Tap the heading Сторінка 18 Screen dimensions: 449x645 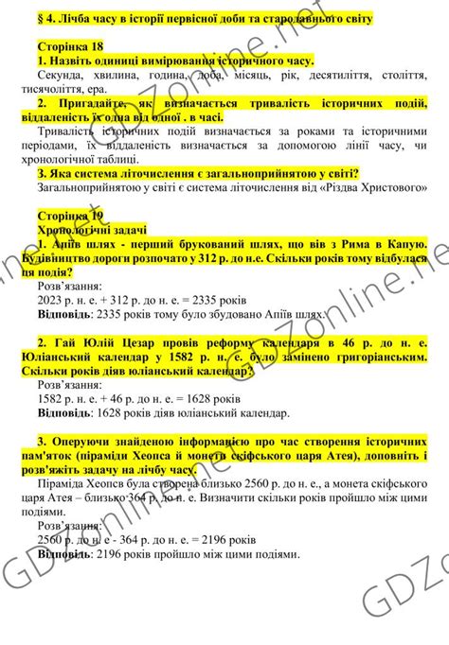click(70, 46)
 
